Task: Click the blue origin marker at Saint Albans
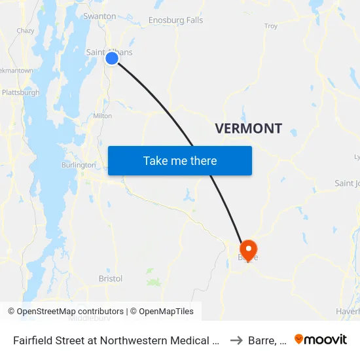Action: [x=112, y=58]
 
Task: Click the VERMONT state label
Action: [x=249, y=128]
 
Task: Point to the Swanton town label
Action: [x=101, y=16]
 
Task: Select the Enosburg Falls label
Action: [x=176, y=20]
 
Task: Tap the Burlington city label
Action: [x=79, y=165]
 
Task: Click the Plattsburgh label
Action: [x=20, y=93]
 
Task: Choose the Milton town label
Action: [x=102, y=116]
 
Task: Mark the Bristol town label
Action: [x=111, y=278]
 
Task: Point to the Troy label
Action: [x=270, y=26]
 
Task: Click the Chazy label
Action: [x=26, y=31]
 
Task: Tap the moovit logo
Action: [x=321, y=339]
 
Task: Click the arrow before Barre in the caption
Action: [x=236, y=340]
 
